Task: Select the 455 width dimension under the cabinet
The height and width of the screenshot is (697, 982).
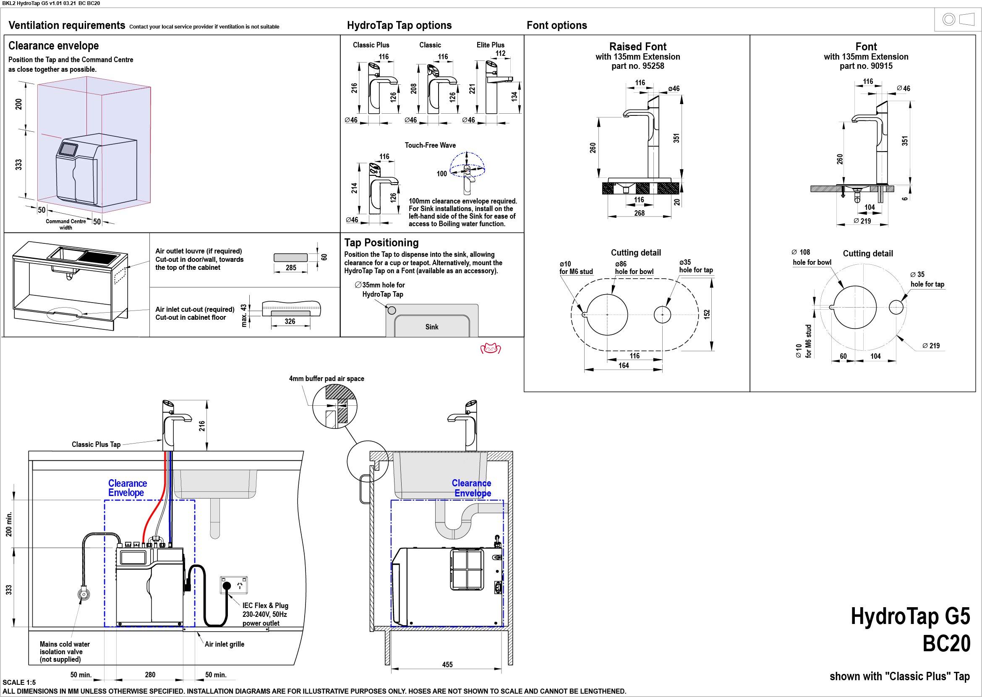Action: (x=447, y=664)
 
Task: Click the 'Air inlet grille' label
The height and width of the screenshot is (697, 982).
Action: (x=225, y=644)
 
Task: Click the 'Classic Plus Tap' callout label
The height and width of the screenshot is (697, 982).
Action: (x=96, y=444)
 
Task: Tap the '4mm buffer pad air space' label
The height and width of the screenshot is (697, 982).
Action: (x=326, y=379)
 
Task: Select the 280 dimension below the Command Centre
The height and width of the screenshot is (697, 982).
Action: (x=150, y=675)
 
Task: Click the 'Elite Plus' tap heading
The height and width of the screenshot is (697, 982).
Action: (x=491, y=44)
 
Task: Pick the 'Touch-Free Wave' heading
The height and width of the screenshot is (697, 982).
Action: (x=430, y=145)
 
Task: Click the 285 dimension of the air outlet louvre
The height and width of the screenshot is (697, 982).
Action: (x=291, y=268)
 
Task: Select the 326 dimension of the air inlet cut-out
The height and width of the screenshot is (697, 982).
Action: (x=290, y=321)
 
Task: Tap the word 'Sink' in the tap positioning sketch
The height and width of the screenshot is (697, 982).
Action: (x=432, y=327)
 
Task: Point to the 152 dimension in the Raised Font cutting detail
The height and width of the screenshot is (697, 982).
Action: (x=707, y=314)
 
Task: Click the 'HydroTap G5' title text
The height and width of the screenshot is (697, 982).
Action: (x=910, y=616)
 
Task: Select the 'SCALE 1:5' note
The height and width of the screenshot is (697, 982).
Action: (x=19, y=682)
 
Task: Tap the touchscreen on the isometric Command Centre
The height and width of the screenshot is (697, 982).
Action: (x=68, y=149)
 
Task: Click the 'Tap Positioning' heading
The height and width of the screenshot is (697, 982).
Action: (x=381, y=243)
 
